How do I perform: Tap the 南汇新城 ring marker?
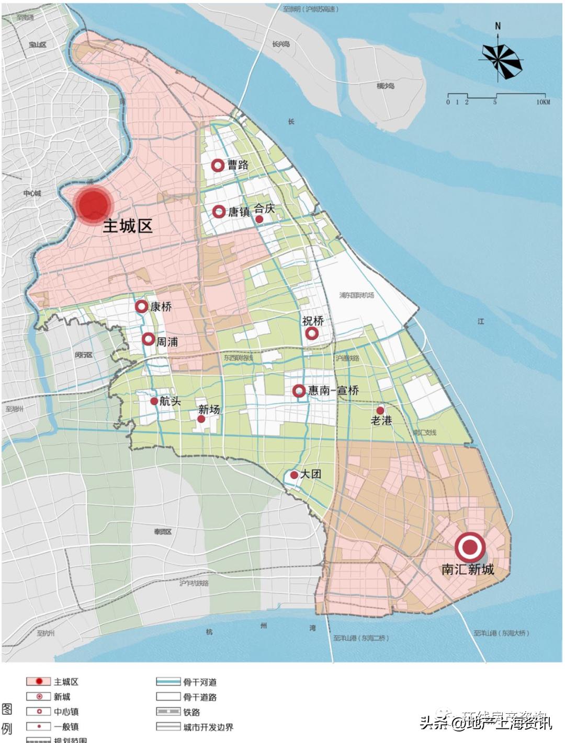pos(470,548)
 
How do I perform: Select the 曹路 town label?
pos(238,165)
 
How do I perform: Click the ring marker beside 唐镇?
pos(219,212)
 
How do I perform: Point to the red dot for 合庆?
pos(259,219)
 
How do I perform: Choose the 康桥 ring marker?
pos(141,307)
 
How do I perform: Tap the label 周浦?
pos(167,341)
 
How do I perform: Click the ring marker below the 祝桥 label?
pos(312,333)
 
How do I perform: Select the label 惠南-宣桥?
pos(333,390)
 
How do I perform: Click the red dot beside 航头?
pos(154,401)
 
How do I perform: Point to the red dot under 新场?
pos(201,419)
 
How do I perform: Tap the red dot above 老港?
pos(380,411)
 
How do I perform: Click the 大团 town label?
pos(311,474)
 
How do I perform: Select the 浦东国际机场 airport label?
pos(356,295)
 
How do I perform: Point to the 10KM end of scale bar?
pos(543,102)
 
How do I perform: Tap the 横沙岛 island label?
pos(385,86)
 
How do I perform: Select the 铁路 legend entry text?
pos(191,712)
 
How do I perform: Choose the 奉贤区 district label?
pos(162,531)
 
